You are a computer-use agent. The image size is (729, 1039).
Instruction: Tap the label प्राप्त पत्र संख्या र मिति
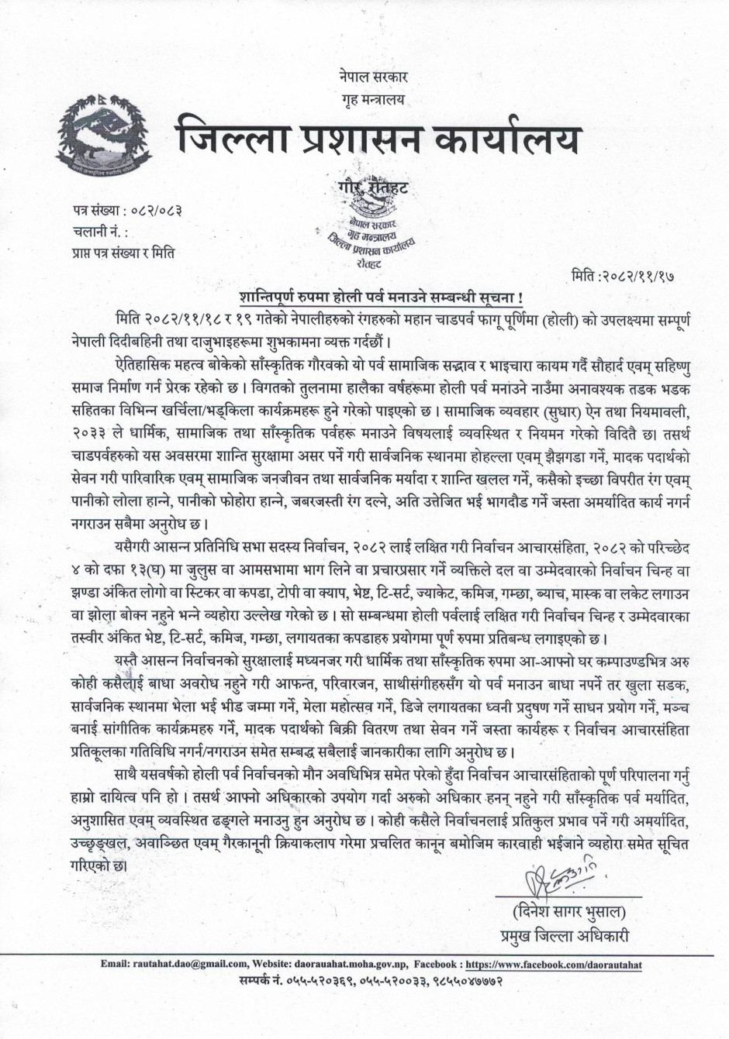pos(121,252)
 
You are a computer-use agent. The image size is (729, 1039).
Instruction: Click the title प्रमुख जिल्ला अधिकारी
pos(563,936)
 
